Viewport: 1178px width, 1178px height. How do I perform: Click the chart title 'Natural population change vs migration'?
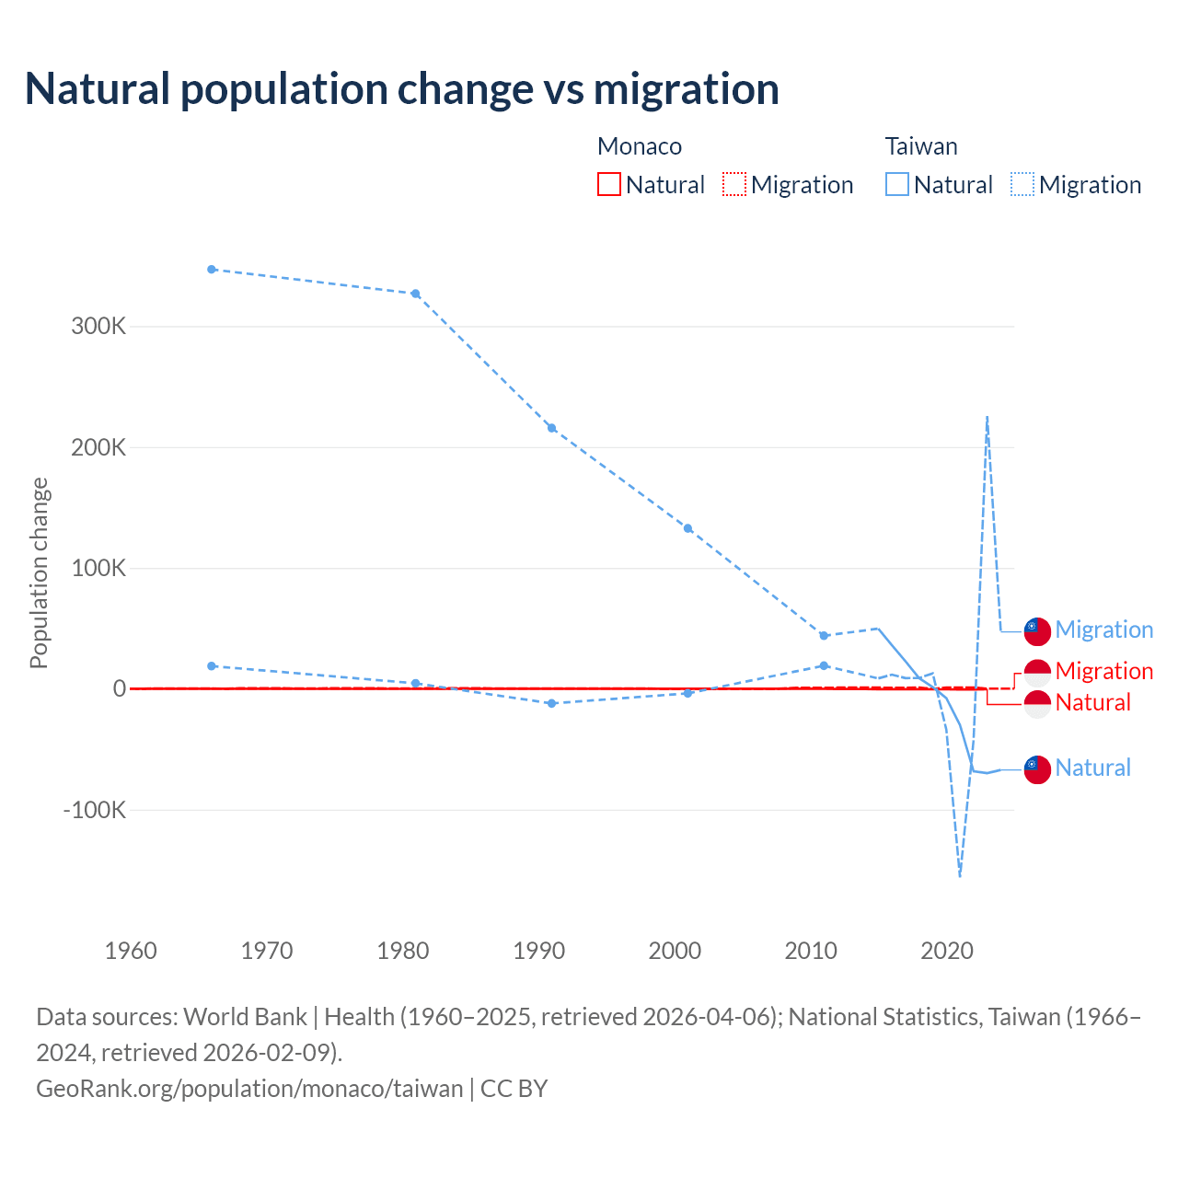[x=401, y=88]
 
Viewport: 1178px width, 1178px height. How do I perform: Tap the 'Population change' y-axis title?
[x=39, y=573]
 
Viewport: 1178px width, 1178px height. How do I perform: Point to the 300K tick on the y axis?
[x=98, y=327]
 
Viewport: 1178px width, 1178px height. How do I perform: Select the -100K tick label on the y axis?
[x=94, y=811]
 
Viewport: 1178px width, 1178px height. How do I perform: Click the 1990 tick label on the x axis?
[x=538, y=951]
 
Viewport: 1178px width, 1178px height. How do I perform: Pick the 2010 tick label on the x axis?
[x=811, y=951]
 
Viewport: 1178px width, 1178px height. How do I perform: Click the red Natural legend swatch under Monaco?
[x=608, y=185]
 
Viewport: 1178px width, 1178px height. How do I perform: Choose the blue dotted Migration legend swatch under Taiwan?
[x=1022, y=185]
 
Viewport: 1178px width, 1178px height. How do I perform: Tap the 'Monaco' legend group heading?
[x=640, y=146]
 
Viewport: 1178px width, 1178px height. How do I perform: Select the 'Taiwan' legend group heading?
[x=921, y=146]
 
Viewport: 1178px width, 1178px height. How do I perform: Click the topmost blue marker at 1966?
[x=212, y=270]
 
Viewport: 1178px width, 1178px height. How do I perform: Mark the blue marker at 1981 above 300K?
[x=415, y=294]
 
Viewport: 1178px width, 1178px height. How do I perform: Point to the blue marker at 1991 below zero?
[x=551, y=703]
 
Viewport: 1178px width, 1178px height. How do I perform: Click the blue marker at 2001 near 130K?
[x=687, y=528]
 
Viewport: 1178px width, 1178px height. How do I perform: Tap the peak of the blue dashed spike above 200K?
[x=987, y=417]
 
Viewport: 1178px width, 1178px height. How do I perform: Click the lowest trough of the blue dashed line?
[x=960, y=875]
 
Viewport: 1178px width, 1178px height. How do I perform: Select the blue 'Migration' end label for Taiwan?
[x=1103, y=629]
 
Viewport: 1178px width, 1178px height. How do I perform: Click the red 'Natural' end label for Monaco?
[x=1092, y=702]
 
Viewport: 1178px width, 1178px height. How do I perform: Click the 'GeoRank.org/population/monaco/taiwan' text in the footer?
[x=249, y=1088]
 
